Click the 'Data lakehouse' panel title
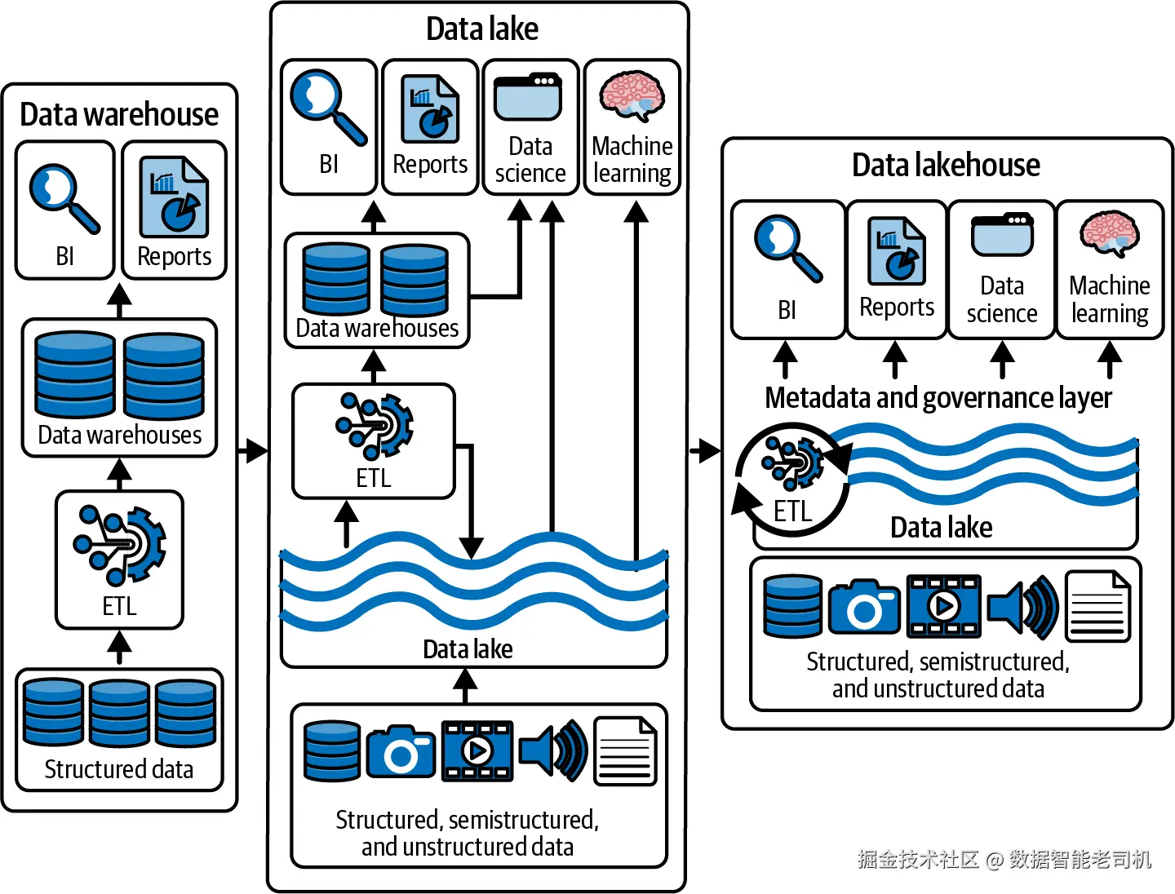pos(946,166)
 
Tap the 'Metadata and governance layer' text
pos(938,398)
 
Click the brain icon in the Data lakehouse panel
pos(1109,232)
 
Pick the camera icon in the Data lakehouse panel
pos(864,607)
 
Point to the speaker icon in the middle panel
pos(553,750)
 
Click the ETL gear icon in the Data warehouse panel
pos(120,544)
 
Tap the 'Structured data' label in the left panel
pos(119,769)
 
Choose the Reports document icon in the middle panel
pos(430,109)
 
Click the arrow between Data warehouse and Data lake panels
pos(253,450)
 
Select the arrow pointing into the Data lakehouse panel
pos(705,450)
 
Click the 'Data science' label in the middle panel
pos(530,160)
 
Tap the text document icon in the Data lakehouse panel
pos(1098,606)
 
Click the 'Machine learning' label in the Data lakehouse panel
pos(1109,299)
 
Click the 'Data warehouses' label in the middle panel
pos(377,329)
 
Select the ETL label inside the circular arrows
pos(792,511)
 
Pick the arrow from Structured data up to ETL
pos(120,648)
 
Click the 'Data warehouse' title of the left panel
pos(119,115)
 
